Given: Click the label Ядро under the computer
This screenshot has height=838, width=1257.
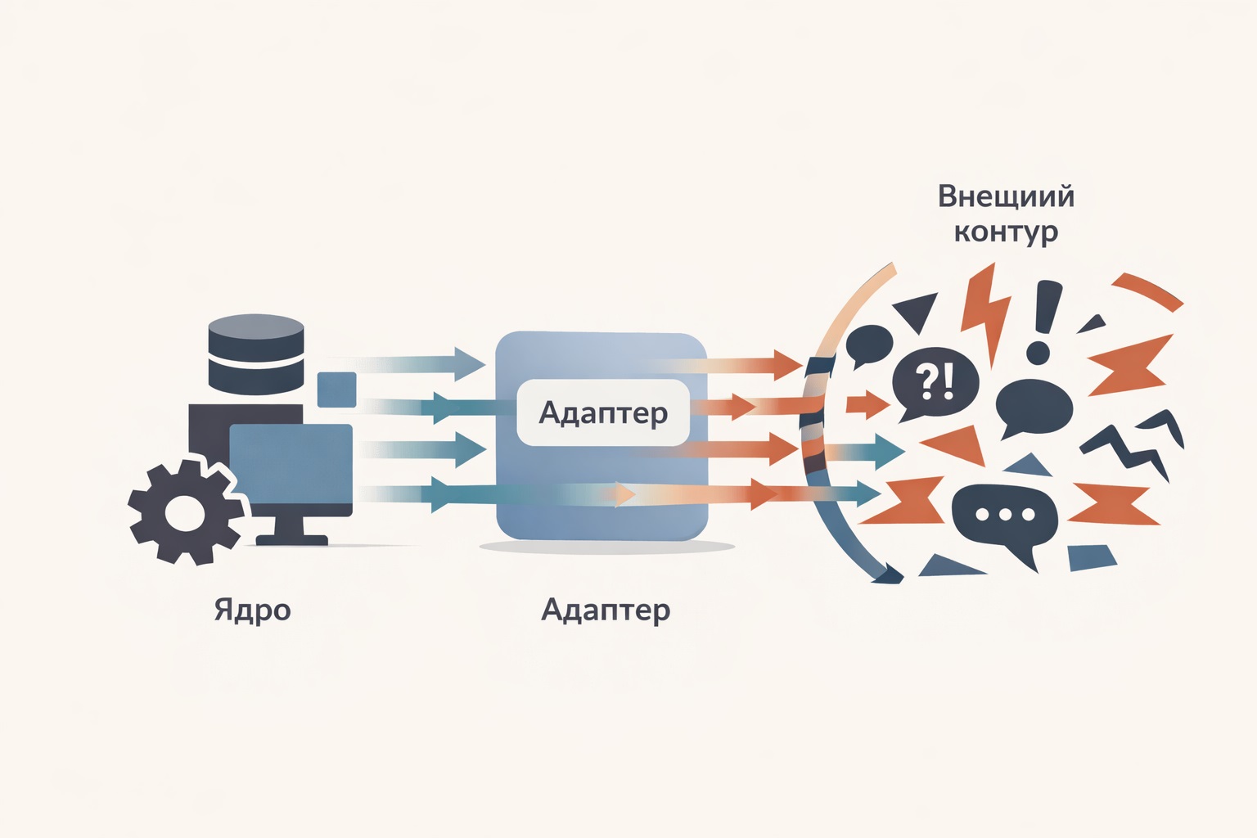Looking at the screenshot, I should coord(252,610).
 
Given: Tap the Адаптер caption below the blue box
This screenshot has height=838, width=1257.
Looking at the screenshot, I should coord(606,610).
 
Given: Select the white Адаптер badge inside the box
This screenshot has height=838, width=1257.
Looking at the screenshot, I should coord(603,412).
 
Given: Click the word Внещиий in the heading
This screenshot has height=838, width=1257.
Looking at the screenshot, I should coord(1006,196).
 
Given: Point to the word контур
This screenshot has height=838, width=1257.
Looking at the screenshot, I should coord(1006,232).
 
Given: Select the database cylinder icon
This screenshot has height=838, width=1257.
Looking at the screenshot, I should coord(256,354).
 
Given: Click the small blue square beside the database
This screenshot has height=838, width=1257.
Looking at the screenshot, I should coord(336,390).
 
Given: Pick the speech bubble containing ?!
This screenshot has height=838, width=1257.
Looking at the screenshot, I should coord(935,383).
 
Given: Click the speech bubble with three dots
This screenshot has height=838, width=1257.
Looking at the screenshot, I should coord(1005,517).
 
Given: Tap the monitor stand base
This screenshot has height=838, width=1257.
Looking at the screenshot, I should coord(292,540).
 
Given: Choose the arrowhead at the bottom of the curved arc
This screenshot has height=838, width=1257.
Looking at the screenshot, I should coord(887,575).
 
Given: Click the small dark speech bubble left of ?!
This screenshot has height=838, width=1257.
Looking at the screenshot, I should coord(868,344).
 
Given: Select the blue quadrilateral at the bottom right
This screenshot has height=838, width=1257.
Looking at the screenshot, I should coord(1092,558).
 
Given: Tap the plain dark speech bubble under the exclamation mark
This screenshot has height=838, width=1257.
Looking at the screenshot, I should coord(1033,408).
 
